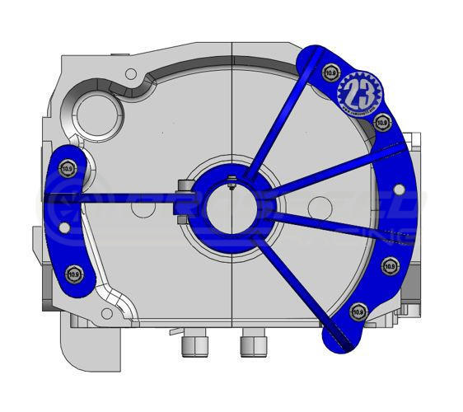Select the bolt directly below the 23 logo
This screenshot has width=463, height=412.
point(381,122)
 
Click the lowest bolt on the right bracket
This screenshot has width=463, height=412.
point(357,311)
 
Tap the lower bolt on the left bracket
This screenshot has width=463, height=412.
point(74,271)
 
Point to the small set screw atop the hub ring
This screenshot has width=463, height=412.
point(232,184)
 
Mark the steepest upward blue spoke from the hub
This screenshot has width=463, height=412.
point(276,132)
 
